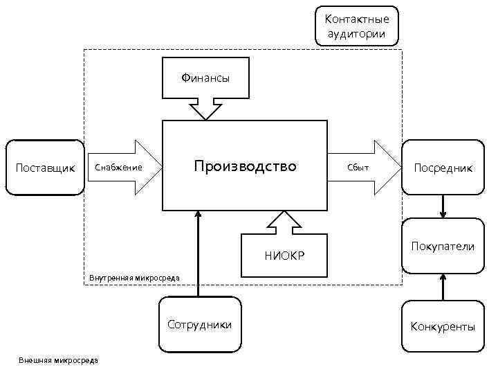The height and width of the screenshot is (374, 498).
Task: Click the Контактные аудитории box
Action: (x=357, y=26)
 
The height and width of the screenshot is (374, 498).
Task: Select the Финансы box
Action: (x=205, y=78)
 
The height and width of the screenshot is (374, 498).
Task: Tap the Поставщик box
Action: (x=45, y=168)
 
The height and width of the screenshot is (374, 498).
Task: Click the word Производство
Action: (x=245, y=166)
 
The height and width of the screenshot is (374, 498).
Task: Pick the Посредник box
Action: (x=443, y=168)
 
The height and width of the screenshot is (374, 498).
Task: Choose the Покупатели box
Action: (x=443, y=246)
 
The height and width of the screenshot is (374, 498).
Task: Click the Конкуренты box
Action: (x=443, y=326)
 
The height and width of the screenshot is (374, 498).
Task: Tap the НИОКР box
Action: (x=284, y=257)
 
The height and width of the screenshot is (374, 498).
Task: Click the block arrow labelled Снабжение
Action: (x=124, y=167)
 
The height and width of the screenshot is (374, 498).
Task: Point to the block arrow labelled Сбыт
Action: (x=363, y=167)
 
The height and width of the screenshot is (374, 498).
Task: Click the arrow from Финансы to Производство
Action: (x=205, y=109)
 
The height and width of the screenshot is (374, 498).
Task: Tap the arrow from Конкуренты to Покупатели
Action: (x=443, y=286)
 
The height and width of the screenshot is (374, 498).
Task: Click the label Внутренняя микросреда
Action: (x=134, y=278)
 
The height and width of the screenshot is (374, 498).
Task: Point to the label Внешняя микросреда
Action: (x=58, y=360)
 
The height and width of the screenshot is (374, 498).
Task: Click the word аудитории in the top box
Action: (x=357, y=33)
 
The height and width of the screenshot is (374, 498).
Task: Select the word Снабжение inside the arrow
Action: (x=118, y=168)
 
